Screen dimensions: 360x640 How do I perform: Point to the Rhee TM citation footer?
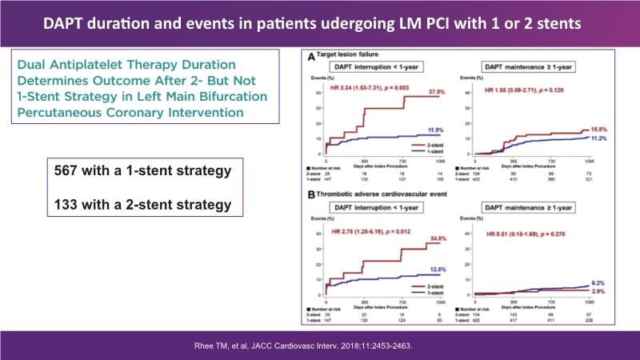(319, 345)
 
